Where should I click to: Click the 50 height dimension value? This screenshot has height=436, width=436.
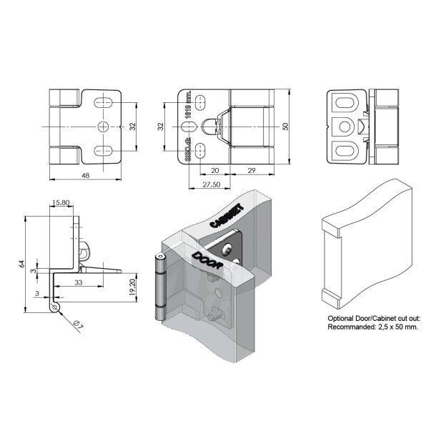(285, 127)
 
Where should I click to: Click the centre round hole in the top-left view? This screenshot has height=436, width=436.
(104, 127)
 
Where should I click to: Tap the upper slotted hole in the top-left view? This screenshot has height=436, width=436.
(104, 101)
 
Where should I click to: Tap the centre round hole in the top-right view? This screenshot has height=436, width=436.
(347, 127)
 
